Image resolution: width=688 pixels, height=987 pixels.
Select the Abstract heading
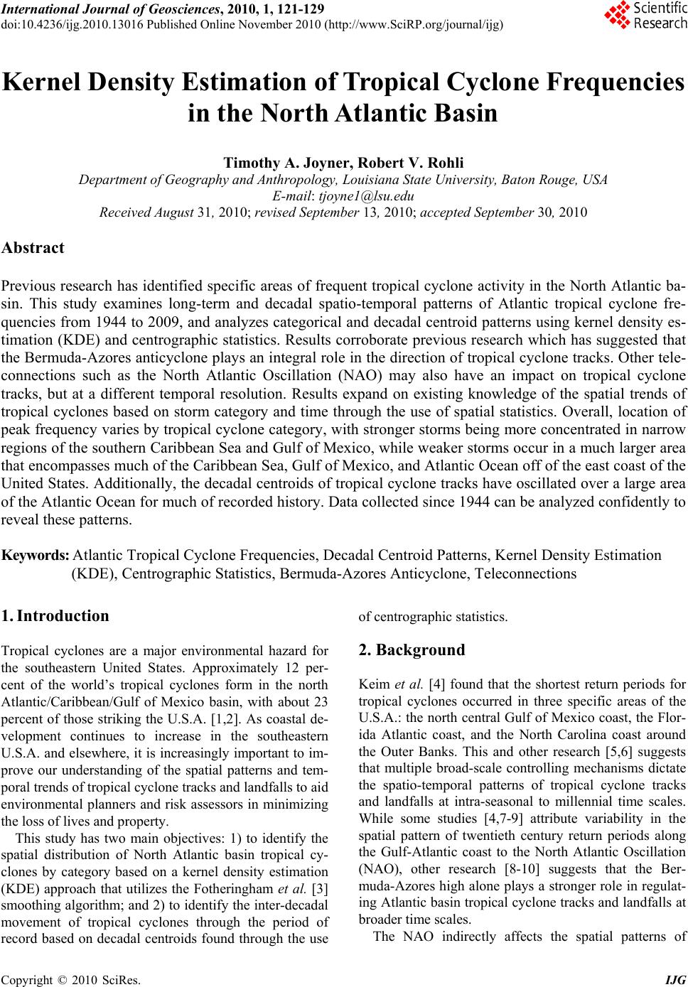click(33, 248)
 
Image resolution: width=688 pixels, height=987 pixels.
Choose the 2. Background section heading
click(412, 649)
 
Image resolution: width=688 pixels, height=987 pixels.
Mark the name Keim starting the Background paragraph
click(374, 685)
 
